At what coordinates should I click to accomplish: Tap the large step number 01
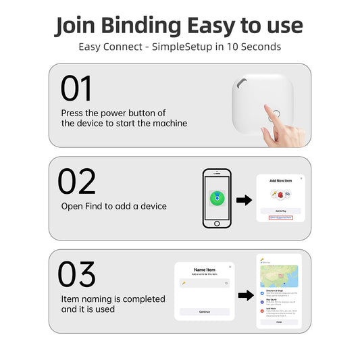(x=76, y=88)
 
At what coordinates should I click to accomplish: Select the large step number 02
(x=76, y=182)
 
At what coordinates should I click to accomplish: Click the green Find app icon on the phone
(x=217, y=198)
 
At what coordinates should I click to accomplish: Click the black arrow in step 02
(x=243, y=200)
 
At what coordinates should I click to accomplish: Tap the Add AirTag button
(x=281, y=211)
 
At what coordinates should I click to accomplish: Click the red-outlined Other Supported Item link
(x=281, y=217)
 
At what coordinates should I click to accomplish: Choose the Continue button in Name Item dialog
(x=205, y=312)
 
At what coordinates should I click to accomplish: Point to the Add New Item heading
(x=281, y=182)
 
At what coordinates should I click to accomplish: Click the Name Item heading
(x=205, y=269)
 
